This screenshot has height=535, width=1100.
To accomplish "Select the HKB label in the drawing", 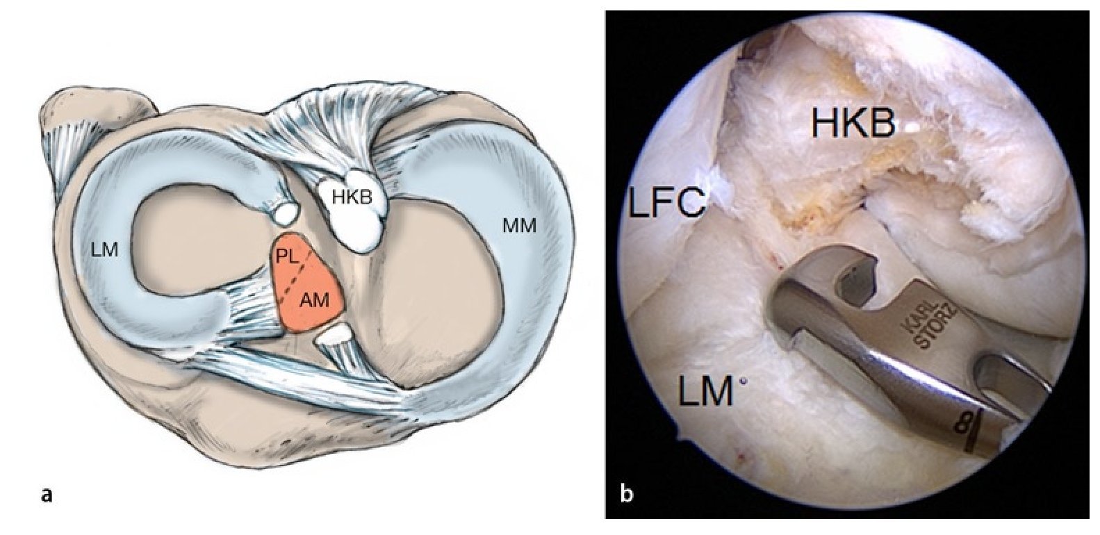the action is (352, 197).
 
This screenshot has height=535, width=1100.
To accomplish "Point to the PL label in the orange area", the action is (288, 256).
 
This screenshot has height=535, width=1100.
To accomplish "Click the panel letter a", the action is (47, 495).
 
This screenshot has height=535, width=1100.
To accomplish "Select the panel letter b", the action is (626, 495).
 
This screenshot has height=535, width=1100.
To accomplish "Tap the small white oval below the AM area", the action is (333, 338).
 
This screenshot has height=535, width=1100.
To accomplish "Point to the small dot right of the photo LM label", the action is (744, 381).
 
